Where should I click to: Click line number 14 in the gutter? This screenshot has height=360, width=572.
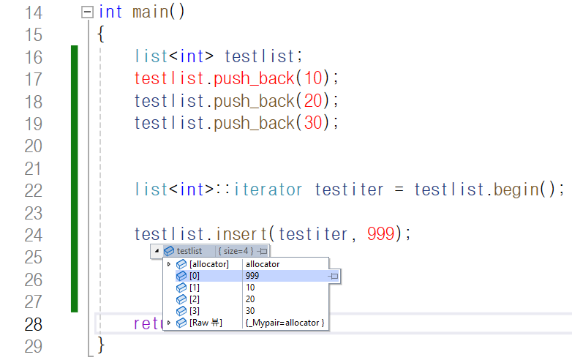(x=33, y=12)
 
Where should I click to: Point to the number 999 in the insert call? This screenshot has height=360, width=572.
(x=380, y=234)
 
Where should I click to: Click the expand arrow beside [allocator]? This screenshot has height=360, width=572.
(x=169, y=263)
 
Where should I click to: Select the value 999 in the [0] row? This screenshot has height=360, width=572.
(x=253, y=276)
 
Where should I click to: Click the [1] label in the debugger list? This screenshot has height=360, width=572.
(x=194, y=288)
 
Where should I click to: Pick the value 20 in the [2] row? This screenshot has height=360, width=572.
(x=251, y=299)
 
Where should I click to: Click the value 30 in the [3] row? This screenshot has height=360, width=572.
(x=251, y=311)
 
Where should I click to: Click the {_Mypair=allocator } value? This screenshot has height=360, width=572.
(x=285, y=323)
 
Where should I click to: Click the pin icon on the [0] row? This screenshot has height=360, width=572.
(x=334, y=276)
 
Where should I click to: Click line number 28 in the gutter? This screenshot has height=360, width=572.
(x=33, y=324)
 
